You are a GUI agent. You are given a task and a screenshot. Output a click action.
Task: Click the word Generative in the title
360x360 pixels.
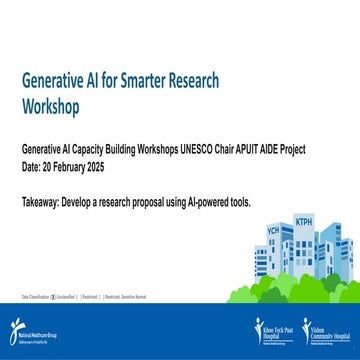click(x=52, y=81)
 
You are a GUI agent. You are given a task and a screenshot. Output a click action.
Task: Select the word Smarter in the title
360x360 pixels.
click(x=155, y=81)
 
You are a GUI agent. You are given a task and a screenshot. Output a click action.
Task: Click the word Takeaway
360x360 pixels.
click(x=42, y=202)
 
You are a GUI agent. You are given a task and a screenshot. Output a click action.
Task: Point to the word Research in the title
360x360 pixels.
click(x=204, y=81)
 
